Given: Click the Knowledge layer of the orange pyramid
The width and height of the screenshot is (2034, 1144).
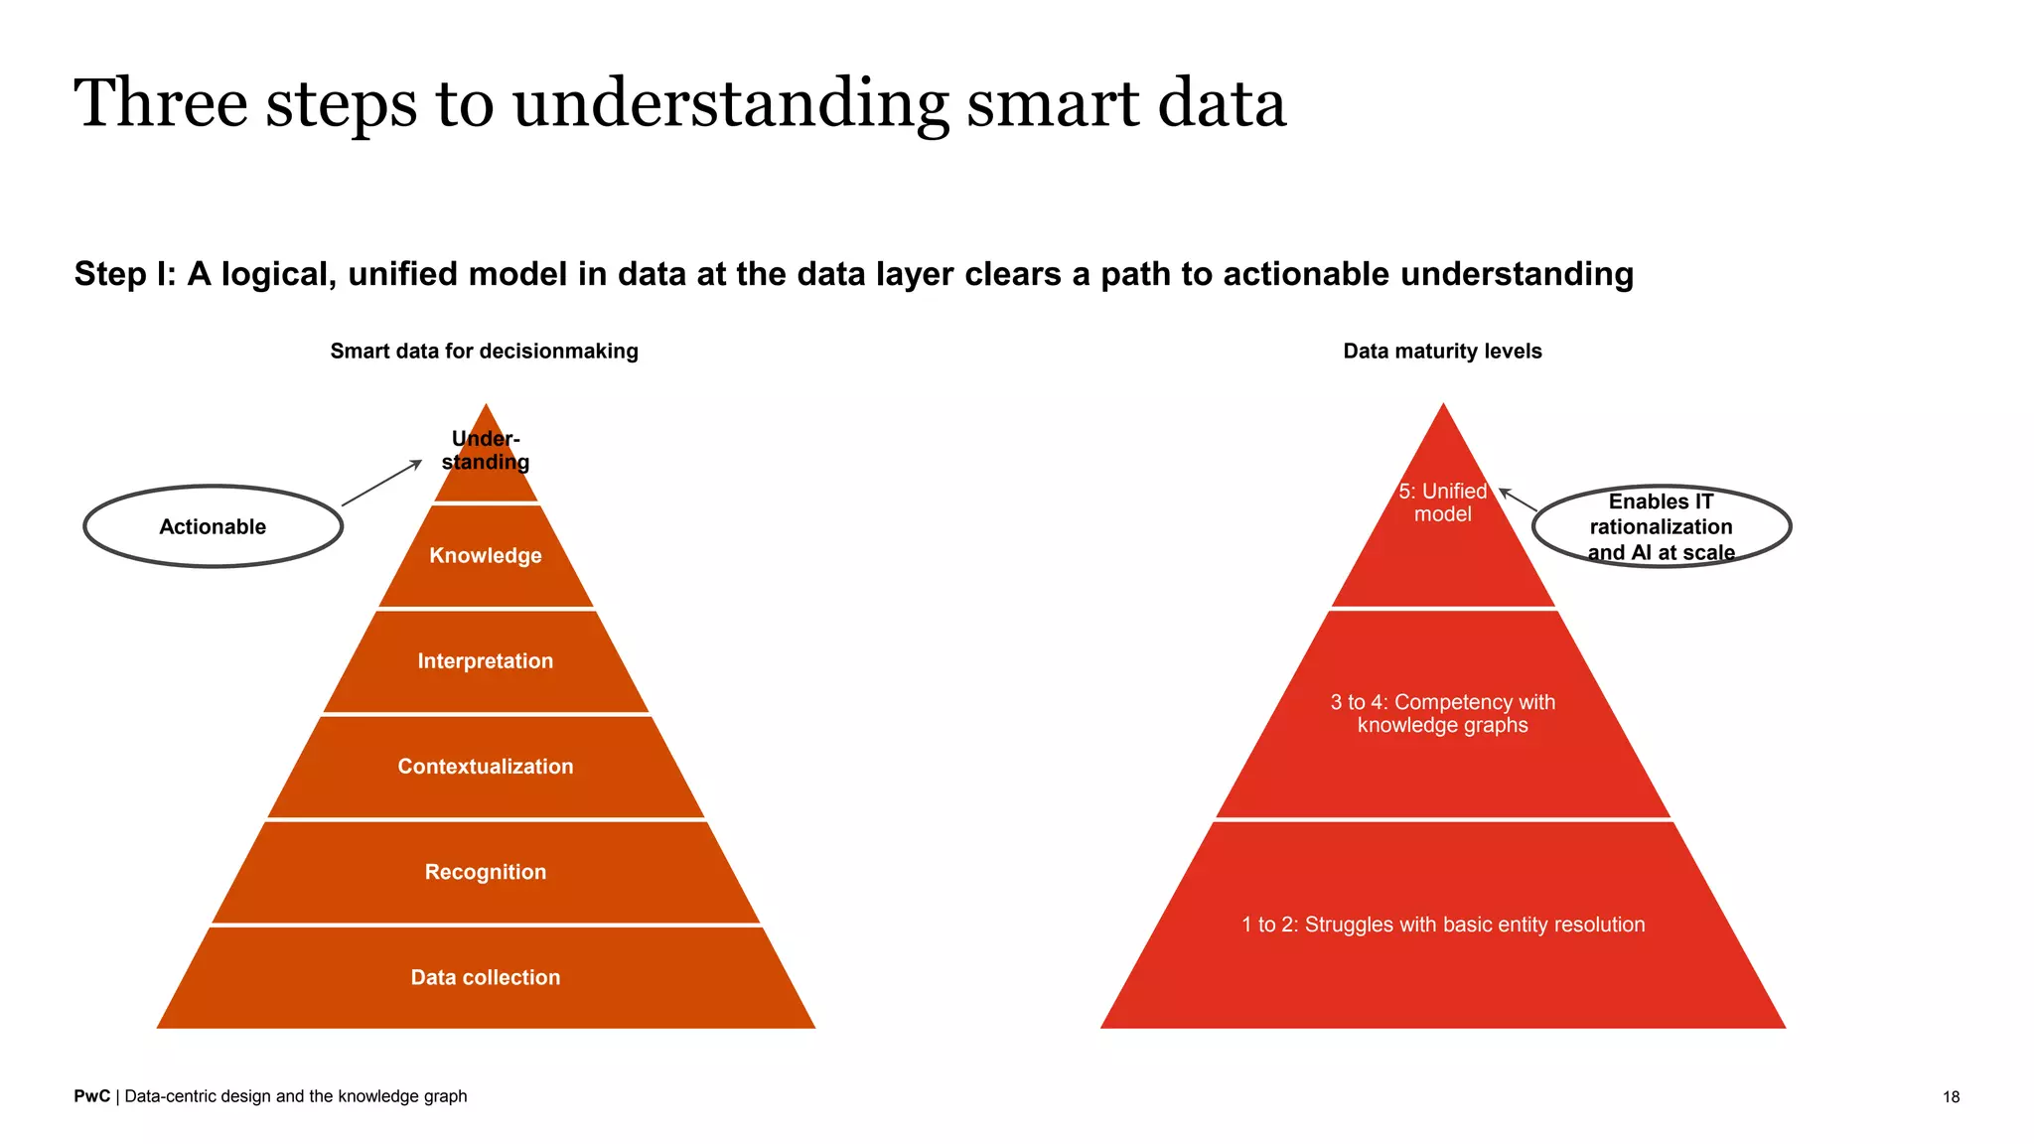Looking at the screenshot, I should click(485, 555).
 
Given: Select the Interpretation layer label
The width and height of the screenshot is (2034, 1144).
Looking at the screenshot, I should click(485, 661).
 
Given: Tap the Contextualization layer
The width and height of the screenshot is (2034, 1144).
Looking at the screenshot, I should click(485, 767).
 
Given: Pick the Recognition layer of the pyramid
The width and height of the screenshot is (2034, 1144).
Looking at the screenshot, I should click(485, 872).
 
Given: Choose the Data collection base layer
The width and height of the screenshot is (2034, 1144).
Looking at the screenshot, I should click(485, 977).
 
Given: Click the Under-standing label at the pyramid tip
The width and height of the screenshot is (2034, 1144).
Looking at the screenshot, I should click(485, 451).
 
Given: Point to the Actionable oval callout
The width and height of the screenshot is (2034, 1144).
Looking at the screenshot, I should click(213, 526).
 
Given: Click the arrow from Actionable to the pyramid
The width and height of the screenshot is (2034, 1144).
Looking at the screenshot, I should click(382, 484).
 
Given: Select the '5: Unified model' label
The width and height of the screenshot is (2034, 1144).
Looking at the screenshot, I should click(1442, 502).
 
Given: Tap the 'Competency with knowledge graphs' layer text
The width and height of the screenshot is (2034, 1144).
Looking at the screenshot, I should click(1442, 713).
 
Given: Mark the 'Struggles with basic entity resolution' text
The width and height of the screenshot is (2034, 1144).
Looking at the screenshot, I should click(1442, 925).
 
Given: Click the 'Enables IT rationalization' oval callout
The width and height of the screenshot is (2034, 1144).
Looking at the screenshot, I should click(1661, 526).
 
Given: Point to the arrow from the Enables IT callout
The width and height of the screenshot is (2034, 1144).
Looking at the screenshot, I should click(1518, 500).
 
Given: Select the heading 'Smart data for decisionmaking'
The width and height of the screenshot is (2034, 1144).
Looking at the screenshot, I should click(484, 351).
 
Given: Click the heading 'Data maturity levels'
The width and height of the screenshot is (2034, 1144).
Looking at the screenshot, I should click(1442, 351).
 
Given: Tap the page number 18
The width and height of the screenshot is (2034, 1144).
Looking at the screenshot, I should click(1951, 1096).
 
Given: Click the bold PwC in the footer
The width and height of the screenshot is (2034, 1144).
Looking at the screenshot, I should click(91, 1096).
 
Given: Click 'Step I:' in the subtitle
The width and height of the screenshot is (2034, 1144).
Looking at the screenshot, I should click(125, 274).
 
